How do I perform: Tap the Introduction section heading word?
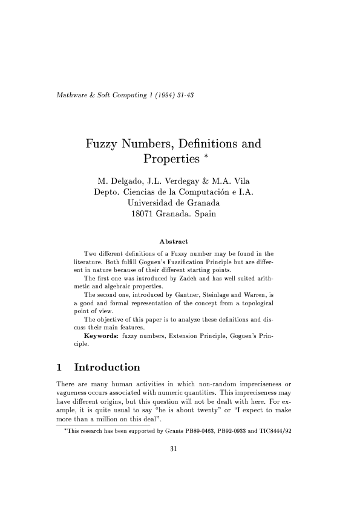[x=106, y=368]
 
